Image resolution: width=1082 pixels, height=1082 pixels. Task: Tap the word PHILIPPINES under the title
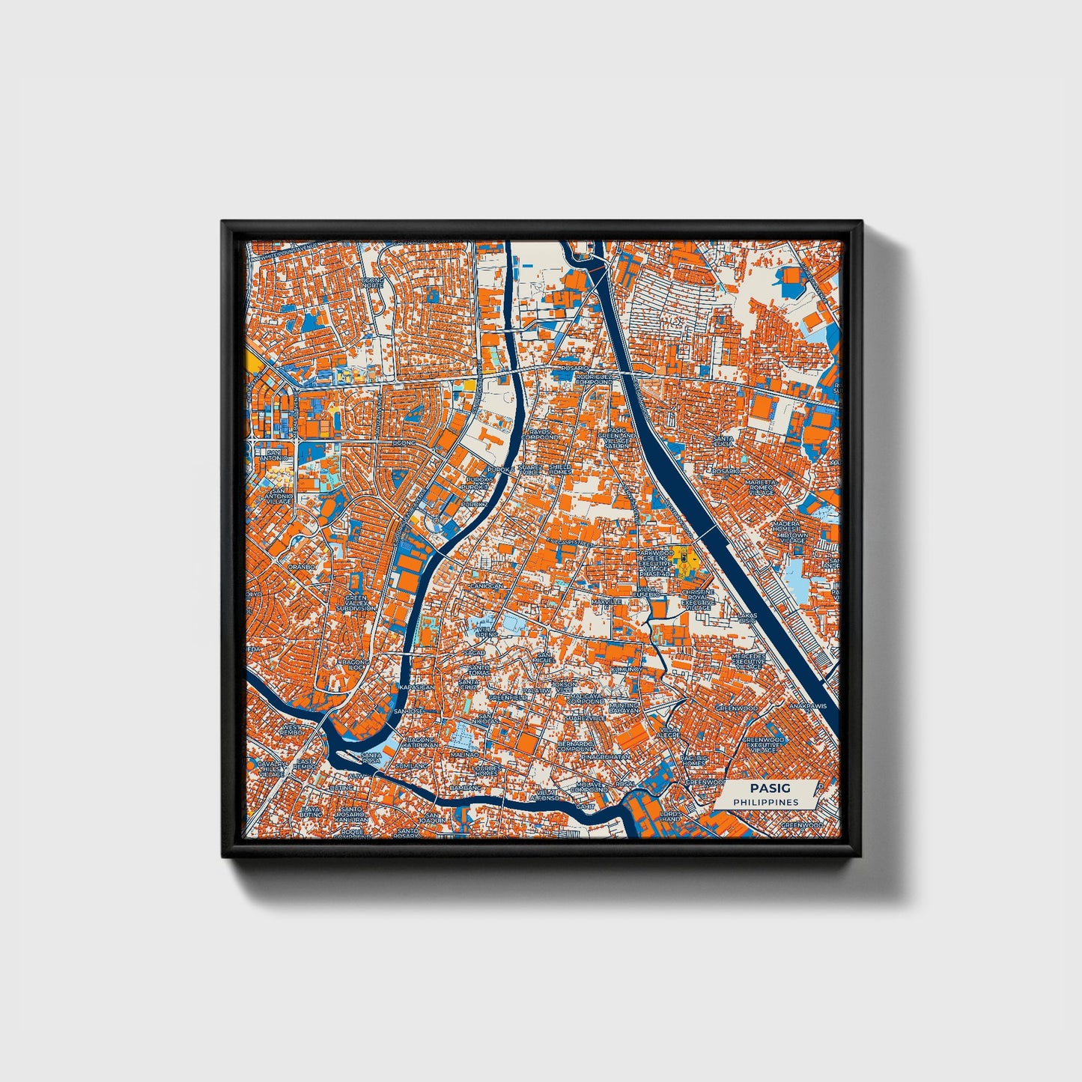(x=765, y=802)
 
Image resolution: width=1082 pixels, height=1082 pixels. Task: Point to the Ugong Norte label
(x=372, y=283)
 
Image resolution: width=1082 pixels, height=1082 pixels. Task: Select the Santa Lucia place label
(x=723, y=442)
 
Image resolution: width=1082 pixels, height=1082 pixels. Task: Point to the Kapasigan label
(x=416, y=687)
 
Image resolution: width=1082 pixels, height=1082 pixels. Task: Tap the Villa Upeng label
(x=486, y=631)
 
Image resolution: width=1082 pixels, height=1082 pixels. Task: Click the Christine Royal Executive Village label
(x=698, y=600)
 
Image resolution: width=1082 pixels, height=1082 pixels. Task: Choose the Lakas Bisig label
(x=748, y=618)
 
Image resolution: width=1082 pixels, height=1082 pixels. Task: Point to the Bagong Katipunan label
(x=418, y=743)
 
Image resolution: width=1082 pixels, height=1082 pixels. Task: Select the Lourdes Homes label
(x=485, y=771)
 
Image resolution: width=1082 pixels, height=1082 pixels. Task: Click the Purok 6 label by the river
(x=502, y=469)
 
